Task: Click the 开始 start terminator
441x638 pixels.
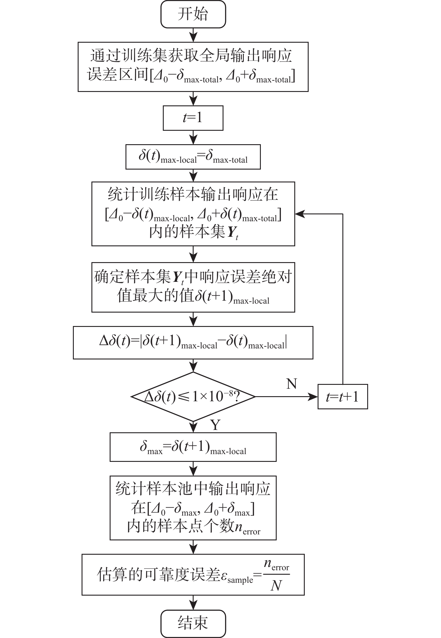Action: point(193,14)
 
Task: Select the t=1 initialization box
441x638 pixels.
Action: point(193,118)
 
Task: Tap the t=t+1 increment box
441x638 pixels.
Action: point(342,397)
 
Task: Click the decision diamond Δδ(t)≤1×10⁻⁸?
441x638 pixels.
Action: point(193,397)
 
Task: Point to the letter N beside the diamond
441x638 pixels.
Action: point(292,384)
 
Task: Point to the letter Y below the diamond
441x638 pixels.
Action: point(215,425)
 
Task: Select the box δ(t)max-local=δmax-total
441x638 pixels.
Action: point(193,157)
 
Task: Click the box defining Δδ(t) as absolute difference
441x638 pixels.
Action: point(193,342)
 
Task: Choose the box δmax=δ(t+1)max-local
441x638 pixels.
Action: point(193,447)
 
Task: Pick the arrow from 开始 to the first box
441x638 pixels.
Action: point(194,35)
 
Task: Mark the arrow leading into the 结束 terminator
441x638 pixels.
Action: point(194,602)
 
